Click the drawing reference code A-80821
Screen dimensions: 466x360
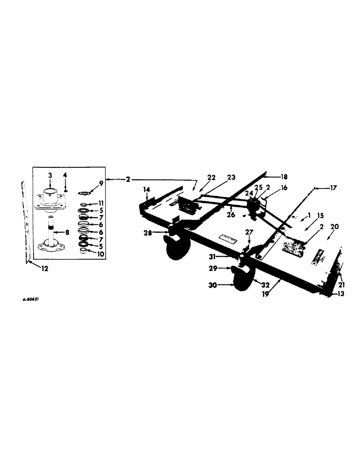click(30, 301)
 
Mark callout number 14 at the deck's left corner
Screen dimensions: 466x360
click(147, 190)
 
